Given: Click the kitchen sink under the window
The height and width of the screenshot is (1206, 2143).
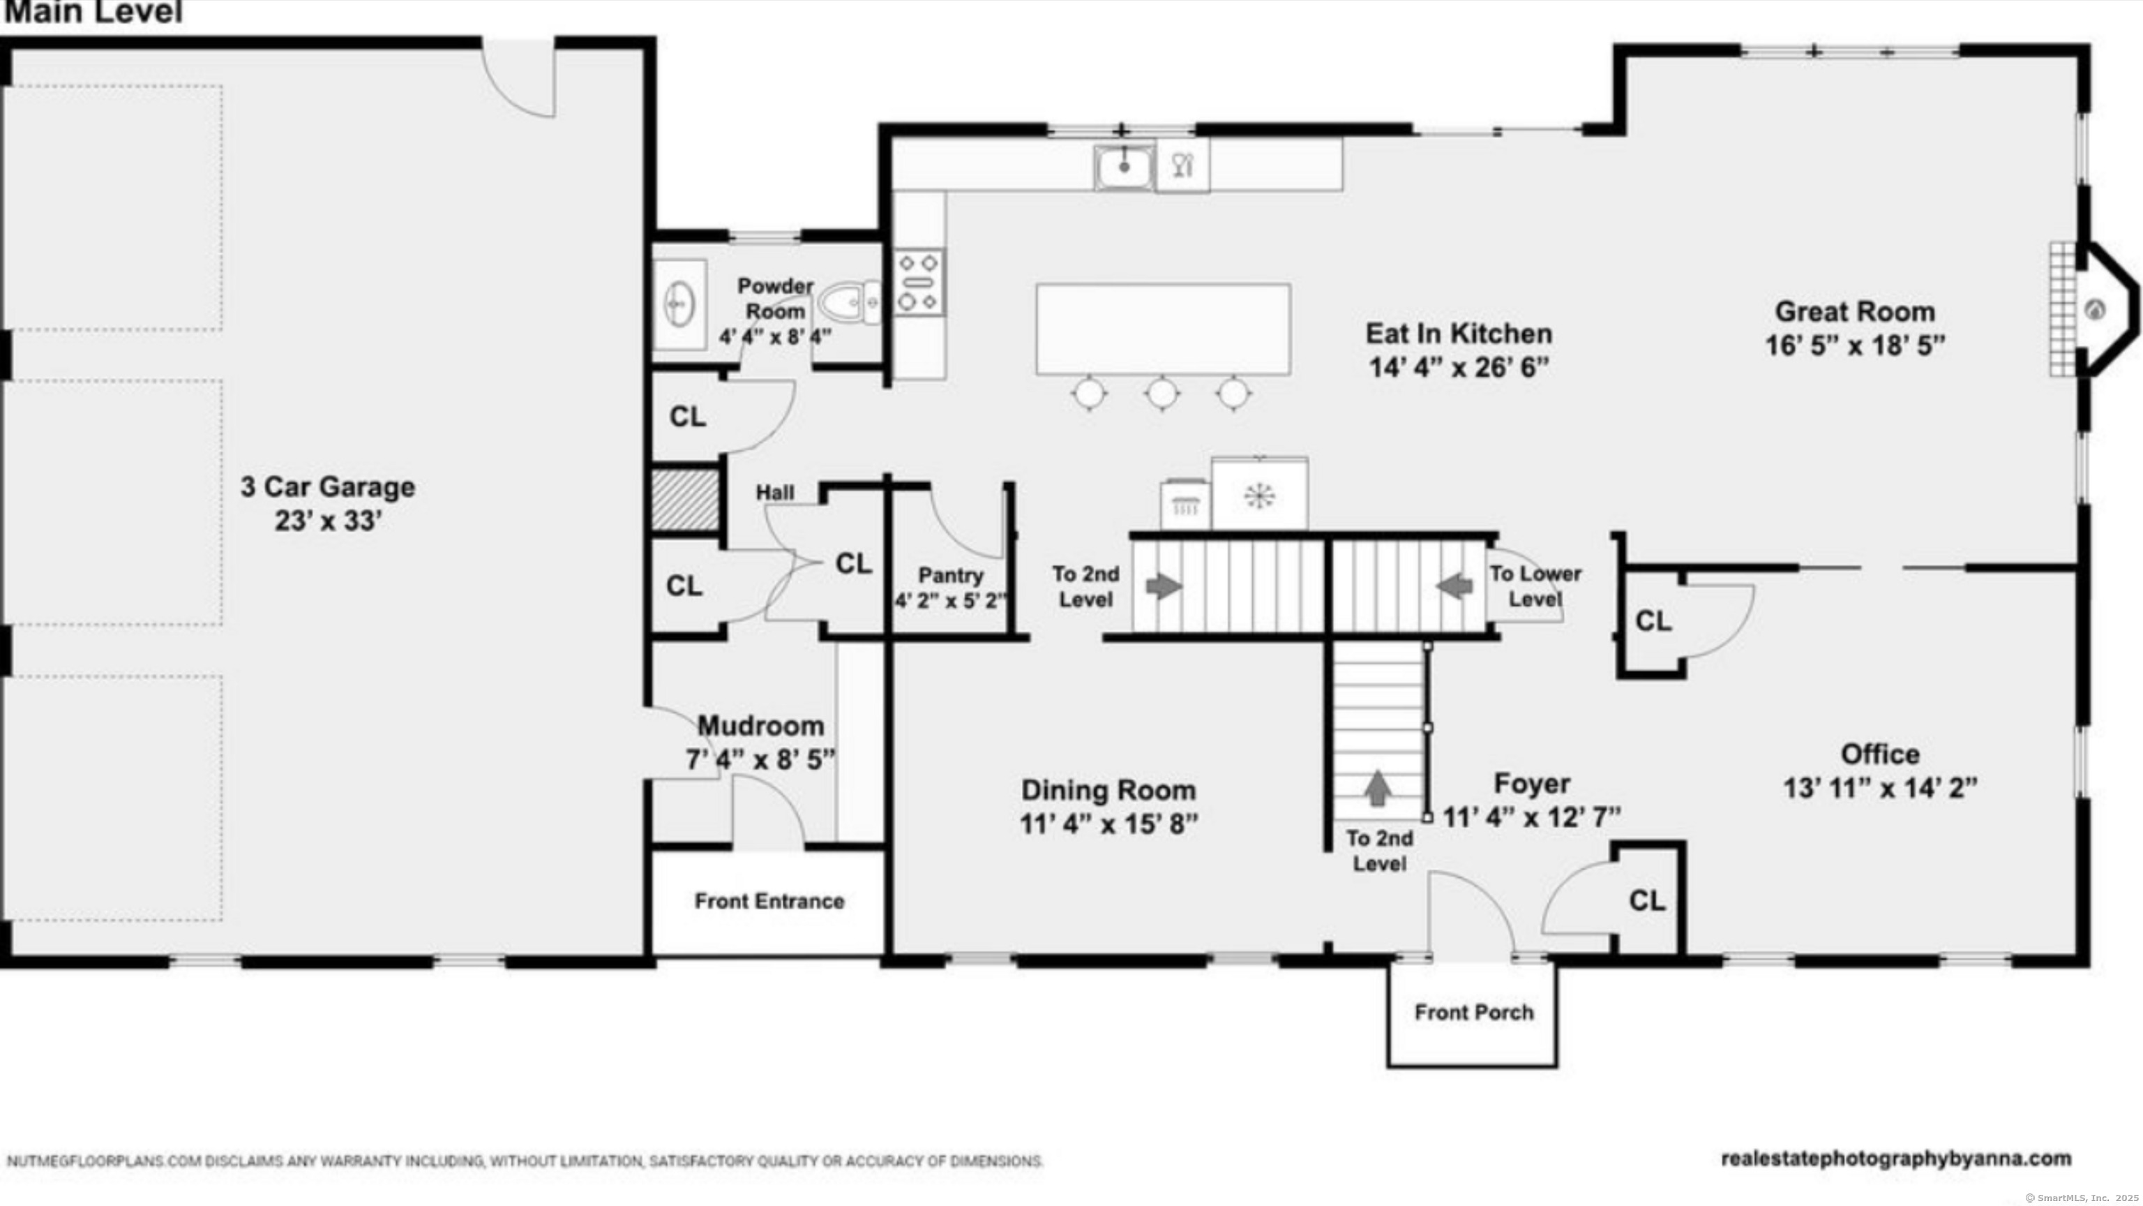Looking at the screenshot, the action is (1124, 165).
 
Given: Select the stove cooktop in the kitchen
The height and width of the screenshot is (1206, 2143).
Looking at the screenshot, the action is (919, 282).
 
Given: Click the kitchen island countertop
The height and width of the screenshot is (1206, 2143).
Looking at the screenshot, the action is (1163, 329).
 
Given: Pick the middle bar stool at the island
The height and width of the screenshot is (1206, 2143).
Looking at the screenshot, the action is (1162, 393).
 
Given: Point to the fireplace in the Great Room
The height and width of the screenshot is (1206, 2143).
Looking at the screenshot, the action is (2093, 310).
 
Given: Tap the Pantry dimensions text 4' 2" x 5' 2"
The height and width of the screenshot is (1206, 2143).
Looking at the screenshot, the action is (951, 600).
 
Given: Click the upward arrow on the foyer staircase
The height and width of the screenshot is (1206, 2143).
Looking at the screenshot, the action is (1378, 787).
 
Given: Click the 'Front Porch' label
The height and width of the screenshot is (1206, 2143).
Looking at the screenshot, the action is (1474, 1012).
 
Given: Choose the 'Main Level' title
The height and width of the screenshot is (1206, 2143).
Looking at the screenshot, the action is (93, 12).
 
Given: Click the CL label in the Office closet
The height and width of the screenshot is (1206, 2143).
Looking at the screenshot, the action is (1653, 621).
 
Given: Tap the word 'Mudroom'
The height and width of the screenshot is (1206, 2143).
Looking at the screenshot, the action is (760, 726).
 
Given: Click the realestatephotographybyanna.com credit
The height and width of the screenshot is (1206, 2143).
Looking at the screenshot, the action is (1896, 1159).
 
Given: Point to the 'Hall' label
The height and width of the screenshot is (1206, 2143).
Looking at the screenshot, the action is (774, 493).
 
